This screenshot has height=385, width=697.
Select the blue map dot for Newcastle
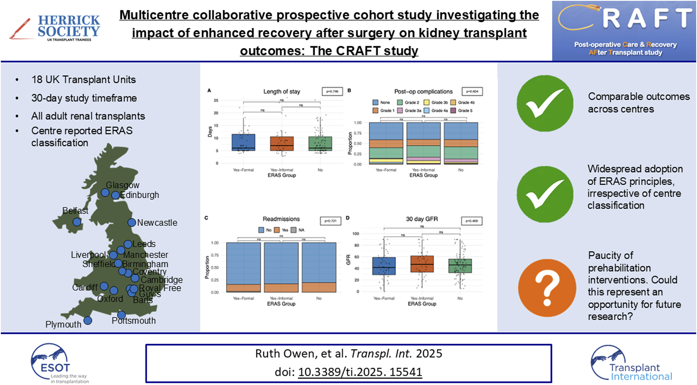click(x=132, y=223)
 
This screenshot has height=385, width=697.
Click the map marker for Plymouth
click(x=88, y=320)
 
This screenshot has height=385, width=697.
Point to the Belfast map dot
click(x=77, y=222)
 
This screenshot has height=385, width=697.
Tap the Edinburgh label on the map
click(x=140, y=195)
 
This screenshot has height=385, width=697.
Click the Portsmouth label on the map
click(x=134, y=321)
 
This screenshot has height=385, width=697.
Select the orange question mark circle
click(x=547, y=288)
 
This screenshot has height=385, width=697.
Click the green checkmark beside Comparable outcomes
click(x=545, y=104)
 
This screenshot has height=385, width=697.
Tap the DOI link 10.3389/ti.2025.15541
click(x=360, y=372)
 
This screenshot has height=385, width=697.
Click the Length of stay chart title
click(x=282, y=91)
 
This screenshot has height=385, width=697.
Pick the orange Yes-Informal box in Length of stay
click(x=282, y=144)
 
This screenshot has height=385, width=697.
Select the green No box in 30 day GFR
click(x=460, y=266)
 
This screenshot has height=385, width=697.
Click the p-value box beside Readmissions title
click(x=330, y=221)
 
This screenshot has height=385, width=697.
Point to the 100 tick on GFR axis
click(x=356, y=234)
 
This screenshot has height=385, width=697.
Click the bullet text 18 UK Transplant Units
click(x=83, y=80)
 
